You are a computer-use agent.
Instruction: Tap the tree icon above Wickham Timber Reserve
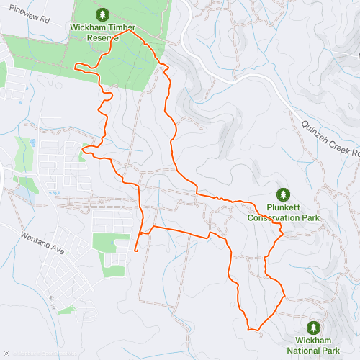[x=102, y=14]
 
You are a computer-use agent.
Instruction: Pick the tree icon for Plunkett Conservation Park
[x=283, y=194]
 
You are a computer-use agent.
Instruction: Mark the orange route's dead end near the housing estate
[x=136, y=250]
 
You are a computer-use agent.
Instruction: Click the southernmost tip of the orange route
[x=252, y=330]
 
